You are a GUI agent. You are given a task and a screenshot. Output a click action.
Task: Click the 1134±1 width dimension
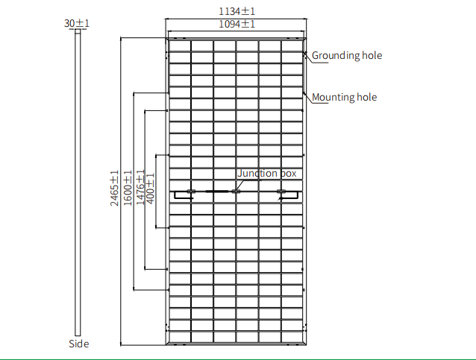(x=237, y=11)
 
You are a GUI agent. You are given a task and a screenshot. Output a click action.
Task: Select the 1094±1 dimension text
(x=237, y=24)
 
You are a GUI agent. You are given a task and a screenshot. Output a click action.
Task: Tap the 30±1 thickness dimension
(x=77, y=23)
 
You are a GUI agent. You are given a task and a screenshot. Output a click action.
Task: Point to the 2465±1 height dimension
(x=114, y=188)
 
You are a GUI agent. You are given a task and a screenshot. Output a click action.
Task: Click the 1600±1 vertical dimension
(x=128, y=188)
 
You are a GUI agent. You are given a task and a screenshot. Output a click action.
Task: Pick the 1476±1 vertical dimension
(x=140, y=187)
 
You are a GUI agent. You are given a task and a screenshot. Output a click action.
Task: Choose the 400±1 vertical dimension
(x=150, y=189)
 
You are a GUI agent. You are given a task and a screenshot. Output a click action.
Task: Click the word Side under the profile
(x=79, y=344)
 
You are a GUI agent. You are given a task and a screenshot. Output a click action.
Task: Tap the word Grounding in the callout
(x=332, y=55)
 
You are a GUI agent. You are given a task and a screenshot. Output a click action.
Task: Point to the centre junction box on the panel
(x=236, y=192)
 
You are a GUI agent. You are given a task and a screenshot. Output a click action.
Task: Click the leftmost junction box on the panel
(x=191, y=192)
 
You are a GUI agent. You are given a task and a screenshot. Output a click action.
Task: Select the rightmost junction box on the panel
(x=281, y=192)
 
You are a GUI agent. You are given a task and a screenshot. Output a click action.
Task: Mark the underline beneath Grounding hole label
(x=320, y=63)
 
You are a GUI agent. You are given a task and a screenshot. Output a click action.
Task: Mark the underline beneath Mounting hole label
(x=320, y=103)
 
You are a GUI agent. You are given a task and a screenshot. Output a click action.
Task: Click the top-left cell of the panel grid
(x=180, y=45)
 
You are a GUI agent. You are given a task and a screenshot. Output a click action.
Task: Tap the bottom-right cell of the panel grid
(x=292, y=337)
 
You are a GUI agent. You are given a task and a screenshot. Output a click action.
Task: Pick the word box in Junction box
(x=288, y=173)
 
